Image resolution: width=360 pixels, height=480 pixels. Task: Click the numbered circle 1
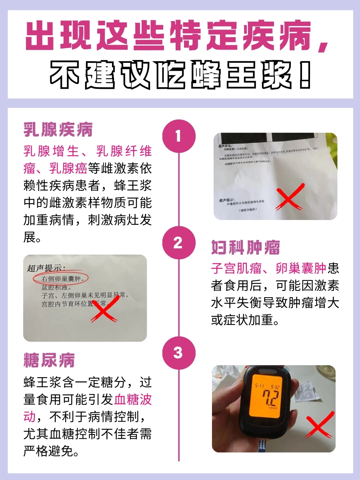point(178,137)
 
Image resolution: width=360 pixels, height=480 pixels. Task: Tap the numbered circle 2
point(178,243)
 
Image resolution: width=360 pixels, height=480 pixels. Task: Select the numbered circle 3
point(178,353)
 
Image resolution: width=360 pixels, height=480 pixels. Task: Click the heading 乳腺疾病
point(58,130)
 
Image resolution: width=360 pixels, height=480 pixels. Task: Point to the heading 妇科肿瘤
point(246,248)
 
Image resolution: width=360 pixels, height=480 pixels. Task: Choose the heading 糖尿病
point(49,360)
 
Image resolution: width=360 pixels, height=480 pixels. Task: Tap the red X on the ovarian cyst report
point(105,310)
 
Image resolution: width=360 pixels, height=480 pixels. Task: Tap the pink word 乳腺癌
point(68,168)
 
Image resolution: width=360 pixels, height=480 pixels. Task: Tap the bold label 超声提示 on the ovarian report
point(46,268)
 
